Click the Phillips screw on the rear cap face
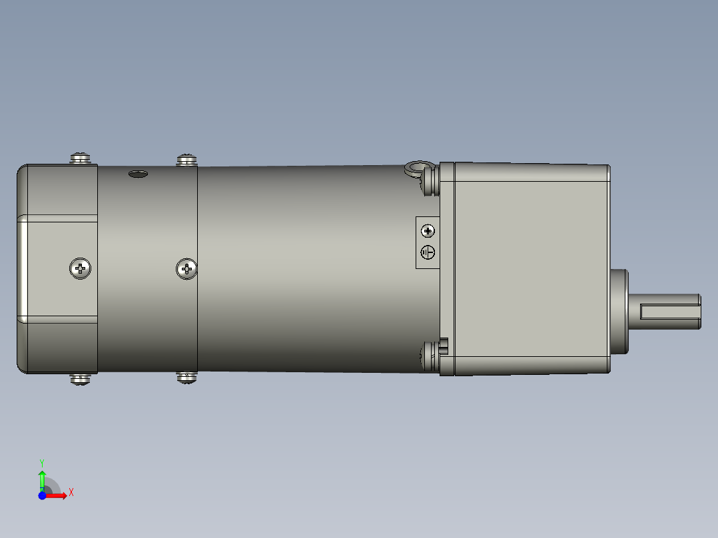click(81, 269)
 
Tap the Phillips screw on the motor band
click(187, 269)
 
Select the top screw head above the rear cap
click(81, 158)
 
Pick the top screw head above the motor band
click(187, 159)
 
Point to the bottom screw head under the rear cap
click(81, 380)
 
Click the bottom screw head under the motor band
click(187, 378)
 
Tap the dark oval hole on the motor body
click(137, 174)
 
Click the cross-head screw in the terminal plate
click(428, 231)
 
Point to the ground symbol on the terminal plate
click(428, 252)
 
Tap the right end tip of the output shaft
click(700, 312)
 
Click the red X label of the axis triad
click(71, 493)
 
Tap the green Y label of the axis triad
click(42, 462)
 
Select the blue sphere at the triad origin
click(43, 495)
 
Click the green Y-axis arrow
click(42, 478)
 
